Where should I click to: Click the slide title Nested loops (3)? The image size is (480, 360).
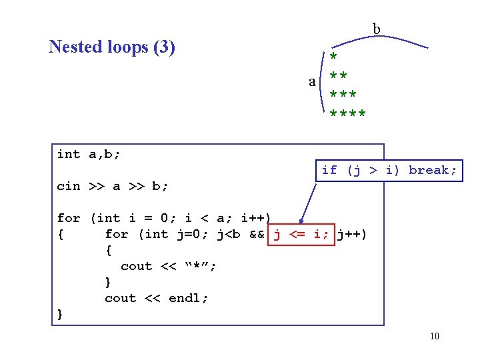(112, 47)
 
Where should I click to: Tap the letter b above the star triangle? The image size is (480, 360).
(377, 29)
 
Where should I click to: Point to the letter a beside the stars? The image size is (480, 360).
(312, 81)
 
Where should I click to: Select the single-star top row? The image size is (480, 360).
(333, 56)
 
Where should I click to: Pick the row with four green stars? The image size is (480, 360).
(347, 114)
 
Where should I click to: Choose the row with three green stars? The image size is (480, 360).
(343, 95)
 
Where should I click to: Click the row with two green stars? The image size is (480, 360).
(339, 75)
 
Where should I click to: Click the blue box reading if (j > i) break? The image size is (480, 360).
(389, 170)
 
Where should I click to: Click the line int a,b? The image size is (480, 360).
(89, 154)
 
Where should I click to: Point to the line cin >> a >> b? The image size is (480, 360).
(113, 186)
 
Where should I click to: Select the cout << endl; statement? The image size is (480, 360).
(157, 298)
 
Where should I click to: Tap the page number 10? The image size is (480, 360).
(435, 336)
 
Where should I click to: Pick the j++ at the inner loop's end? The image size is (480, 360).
(351, 234)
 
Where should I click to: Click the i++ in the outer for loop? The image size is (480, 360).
(257, 218)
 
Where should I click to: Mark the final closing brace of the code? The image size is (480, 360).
(61, 314)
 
